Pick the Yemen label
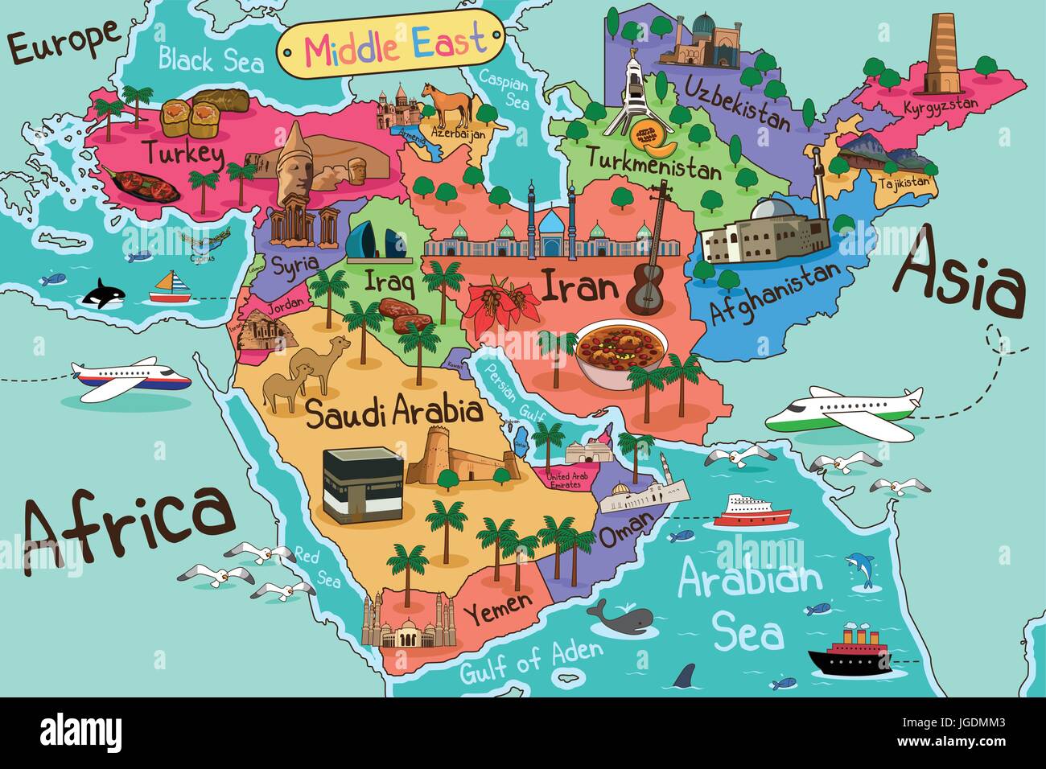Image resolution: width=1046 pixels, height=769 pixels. tap(502, 602)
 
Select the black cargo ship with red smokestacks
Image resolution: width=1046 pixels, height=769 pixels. tap(850, 652)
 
